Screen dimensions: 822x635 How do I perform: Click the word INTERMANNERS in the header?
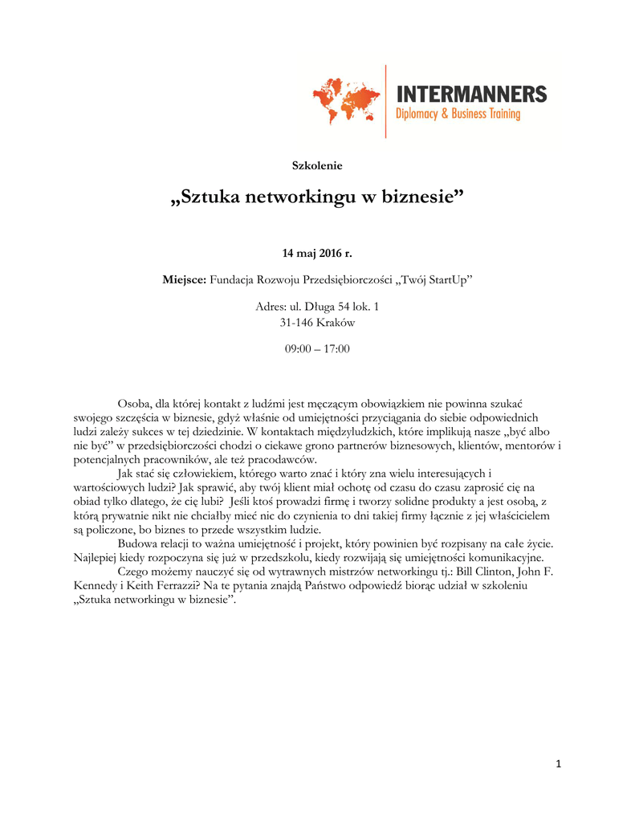[471, 94]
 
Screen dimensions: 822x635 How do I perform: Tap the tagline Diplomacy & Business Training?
[458, 115]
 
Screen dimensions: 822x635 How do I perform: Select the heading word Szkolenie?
[317, 165]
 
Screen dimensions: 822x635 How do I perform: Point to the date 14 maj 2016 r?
[317, 254]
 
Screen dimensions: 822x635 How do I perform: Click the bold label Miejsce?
[185, 280]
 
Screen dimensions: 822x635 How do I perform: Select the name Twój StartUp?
[438, 280]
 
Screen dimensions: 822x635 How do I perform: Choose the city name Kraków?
[336, 323]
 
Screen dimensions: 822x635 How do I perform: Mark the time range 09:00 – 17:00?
[317, 349]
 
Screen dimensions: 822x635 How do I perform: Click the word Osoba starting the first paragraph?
[134, 403]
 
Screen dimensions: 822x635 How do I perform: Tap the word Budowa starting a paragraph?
[137, 543]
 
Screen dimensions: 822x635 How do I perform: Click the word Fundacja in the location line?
[232, 280]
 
